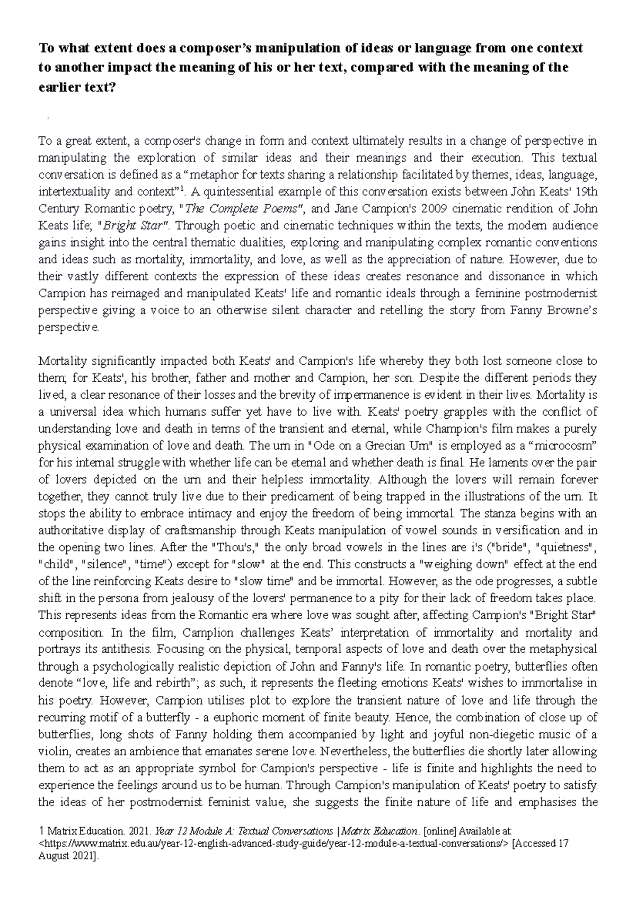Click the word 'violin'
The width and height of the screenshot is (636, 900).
click(x=54, y=751)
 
